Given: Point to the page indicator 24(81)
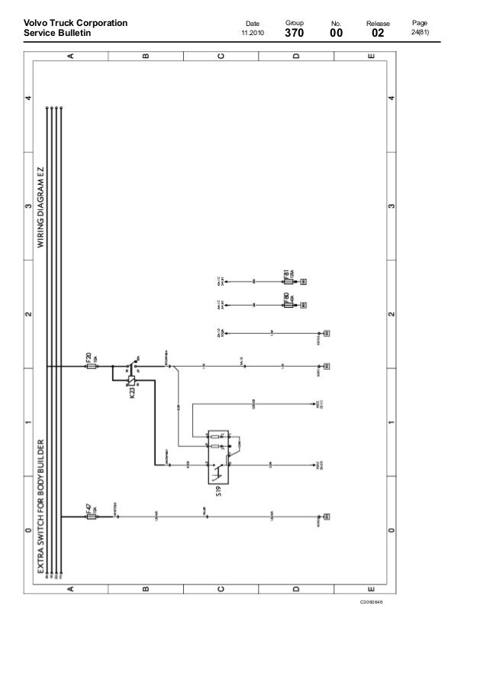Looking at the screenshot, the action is [x=420, y=34].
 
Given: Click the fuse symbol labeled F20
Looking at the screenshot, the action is [x=92, y=366].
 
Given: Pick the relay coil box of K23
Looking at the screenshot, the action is [x=132, y=379].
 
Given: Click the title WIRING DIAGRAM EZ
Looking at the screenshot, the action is [x=42, y=206].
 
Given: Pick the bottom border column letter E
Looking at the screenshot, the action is [x=370, y=588].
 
